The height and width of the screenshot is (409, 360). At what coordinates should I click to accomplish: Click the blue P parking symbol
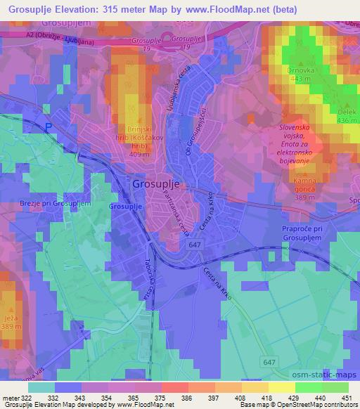[x=49, y=126]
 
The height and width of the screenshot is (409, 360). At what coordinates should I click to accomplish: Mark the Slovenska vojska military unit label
[x=292, y=144]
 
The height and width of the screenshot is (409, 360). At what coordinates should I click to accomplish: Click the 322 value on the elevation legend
[x=20, y=398]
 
